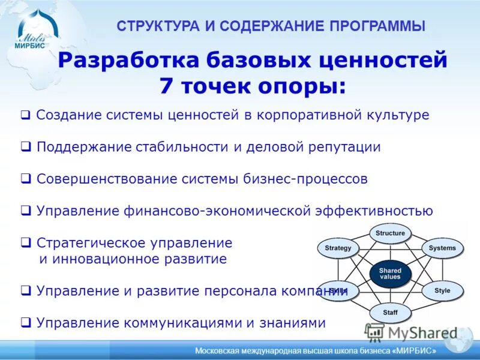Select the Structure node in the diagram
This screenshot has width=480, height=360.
tap(390, 233)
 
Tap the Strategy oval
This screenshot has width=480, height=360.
tap(338, 248)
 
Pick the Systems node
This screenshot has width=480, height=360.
tap(442, 248)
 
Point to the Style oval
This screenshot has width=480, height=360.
tap(442, 291)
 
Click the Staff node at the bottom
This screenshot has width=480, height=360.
tap(390, 313)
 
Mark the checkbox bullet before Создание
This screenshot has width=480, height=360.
tap(25, 115)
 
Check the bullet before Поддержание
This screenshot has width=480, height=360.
tap(25, 148)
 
